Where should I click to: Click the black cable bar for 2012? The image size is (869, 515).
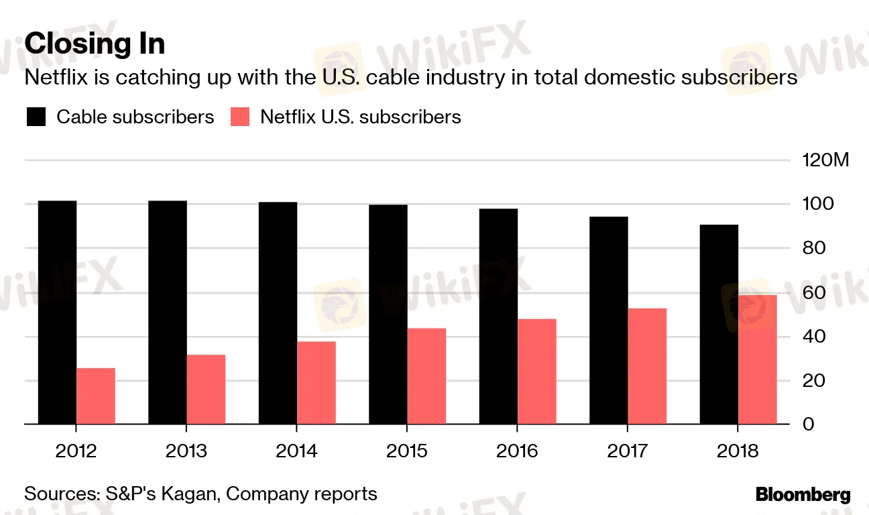click(x=57, y=312)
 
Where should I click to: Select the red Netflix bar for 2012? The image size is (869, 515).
click(x=96, y=396)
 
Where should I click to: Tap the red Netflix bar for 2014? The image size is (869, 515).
click(x=316, y=383)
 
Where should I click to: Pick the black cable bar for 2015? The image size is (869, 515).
click(x=388, y=314)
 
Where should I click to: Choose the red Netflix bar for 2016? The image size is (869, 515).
click(x=537, y=371)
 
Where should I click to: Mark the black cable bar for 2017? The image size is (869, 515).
click(x=609, y=321)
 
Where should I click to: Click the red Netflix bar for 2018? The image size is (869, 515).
click(x=758, y=359)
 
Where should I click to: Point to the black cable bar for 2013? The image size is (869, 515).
click(x=168, y=312)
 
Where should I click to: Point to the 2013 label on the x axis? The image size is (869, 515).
click(x=186, y=451)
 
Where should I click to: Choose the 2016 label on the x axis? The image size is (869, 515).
click(x=517, y=451)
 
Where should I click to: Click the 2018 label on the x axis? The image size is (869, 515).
click(x=738, y=451)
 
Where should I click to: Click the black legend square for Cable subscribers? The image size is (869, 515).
click(x=36, y=117)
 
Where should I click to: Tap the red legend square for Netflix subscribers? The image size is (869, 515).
click(x=240, y=117)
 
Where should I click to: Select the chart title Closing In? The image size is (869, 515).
click(x=95, y=44)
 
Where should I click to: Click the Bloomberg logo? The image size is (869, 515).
click(x=803, y=496)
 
